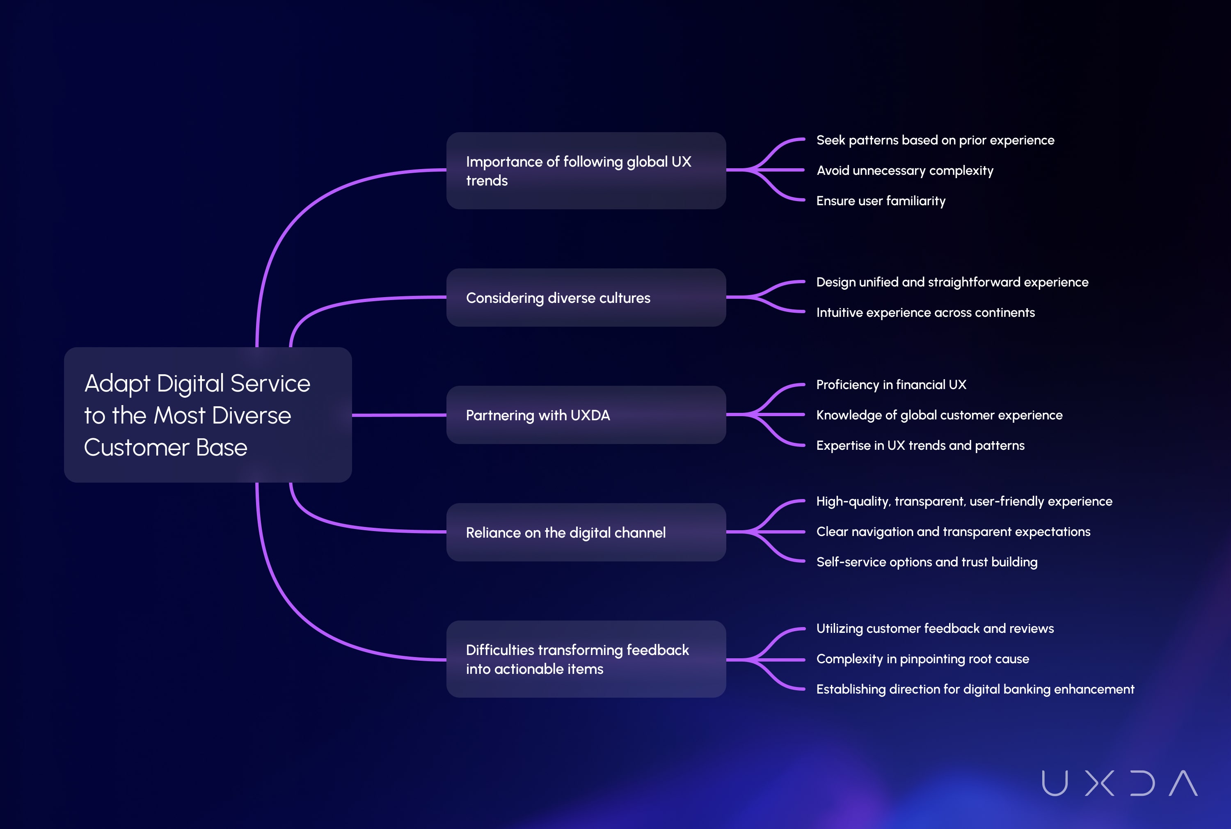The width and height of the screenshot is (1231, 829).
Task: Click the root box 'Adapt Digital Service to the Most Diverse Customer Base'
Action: click(208, 414)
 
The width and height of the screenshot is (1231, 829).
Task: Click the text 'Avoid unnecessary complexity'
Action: click(905, 171)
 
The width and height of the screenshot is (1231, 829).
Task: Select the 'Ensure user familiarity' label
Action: click(881, 201)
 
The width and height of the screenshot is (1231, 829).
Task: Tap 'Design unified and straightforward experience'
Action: click(952, 282)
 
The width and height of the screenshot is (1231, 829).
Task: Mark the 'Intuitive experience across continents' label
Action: click(925, 312)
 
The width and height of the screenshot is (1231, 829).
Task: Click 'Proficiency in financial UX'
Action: click(891, 385)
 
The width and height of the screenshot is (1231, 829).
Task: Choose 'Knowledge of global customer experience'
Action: click(939, 415)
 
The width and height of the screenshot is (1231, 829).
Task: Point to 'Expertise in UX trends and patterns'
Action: click(920, 446)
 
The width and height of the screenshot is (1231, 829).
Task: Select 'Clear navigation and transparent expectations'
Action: click(953, 532)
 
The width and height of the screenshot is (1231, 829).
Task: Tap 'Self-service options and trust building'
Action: click(927, 562)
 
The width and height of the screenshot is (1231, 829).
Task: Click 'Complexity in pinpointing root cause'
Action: click(922, 659)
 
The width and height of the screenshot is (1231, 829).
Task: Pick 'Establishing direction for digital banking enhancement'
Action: click(975, 689)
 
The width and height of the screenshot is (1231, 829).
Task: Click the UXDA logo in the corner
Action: click(1119, 783)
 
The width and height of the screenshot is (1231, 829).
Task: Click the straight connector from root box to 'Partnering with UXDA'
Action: click(399, 415)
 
